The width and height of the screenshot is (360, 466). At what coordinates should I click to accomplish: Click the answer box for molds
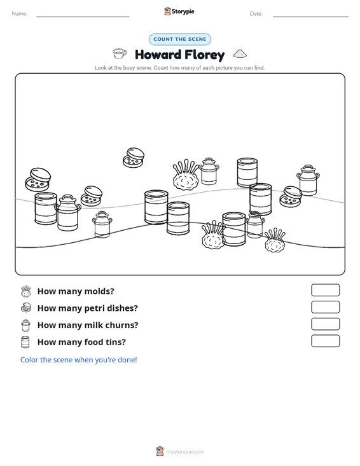325,290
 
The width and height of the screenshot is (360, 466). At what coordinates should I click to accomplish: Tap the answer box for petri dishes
325,307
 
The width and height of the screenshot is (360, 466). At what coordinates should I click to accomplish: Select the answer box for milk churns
325,324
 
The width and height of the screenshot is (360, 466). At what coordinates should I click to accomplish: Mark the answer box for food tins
325,341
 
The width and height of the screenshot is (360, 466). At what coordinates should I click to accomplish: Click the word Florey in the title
205,55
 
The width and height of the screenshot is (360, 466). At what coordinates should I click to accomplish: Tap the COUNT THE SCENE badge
180,39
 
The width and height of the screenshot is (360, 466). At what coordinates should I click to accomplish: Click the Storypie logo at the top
179,11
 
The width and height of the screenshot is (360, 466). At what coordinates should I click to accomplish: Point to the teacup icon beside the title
120,54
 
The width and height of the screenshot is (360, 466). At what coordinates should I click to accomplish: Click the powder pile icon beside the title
240,53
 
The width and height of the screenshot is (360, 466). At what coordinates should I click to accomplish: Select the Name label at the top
20,14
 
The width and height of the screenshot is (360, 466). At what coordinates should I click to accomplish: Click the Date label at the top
256,14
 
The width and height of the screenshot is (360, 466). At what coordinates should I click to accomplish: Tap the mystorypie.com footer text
184,452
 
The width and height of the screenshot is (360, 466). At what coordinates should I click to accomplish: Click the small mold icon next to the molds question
26,291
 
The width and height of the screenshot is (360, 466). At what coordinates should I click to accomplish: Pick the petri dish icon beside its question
26,308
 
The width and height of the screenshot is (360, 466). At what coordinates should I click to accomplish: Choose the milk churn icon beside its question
26,326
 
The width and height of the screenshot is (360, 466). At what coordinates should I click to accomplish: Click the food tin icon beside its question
25,342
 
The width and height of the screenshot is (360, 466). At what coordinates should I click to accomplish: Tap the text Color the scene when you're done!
78,360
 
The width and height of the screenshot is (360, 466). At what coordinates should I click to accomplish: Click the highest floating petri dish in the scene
134,158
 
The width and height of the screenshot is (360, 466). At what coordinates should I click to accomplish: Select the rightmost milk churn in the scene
308,180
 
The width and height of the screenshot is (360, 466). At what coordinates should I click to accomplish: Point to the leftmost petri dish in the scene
38,179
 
